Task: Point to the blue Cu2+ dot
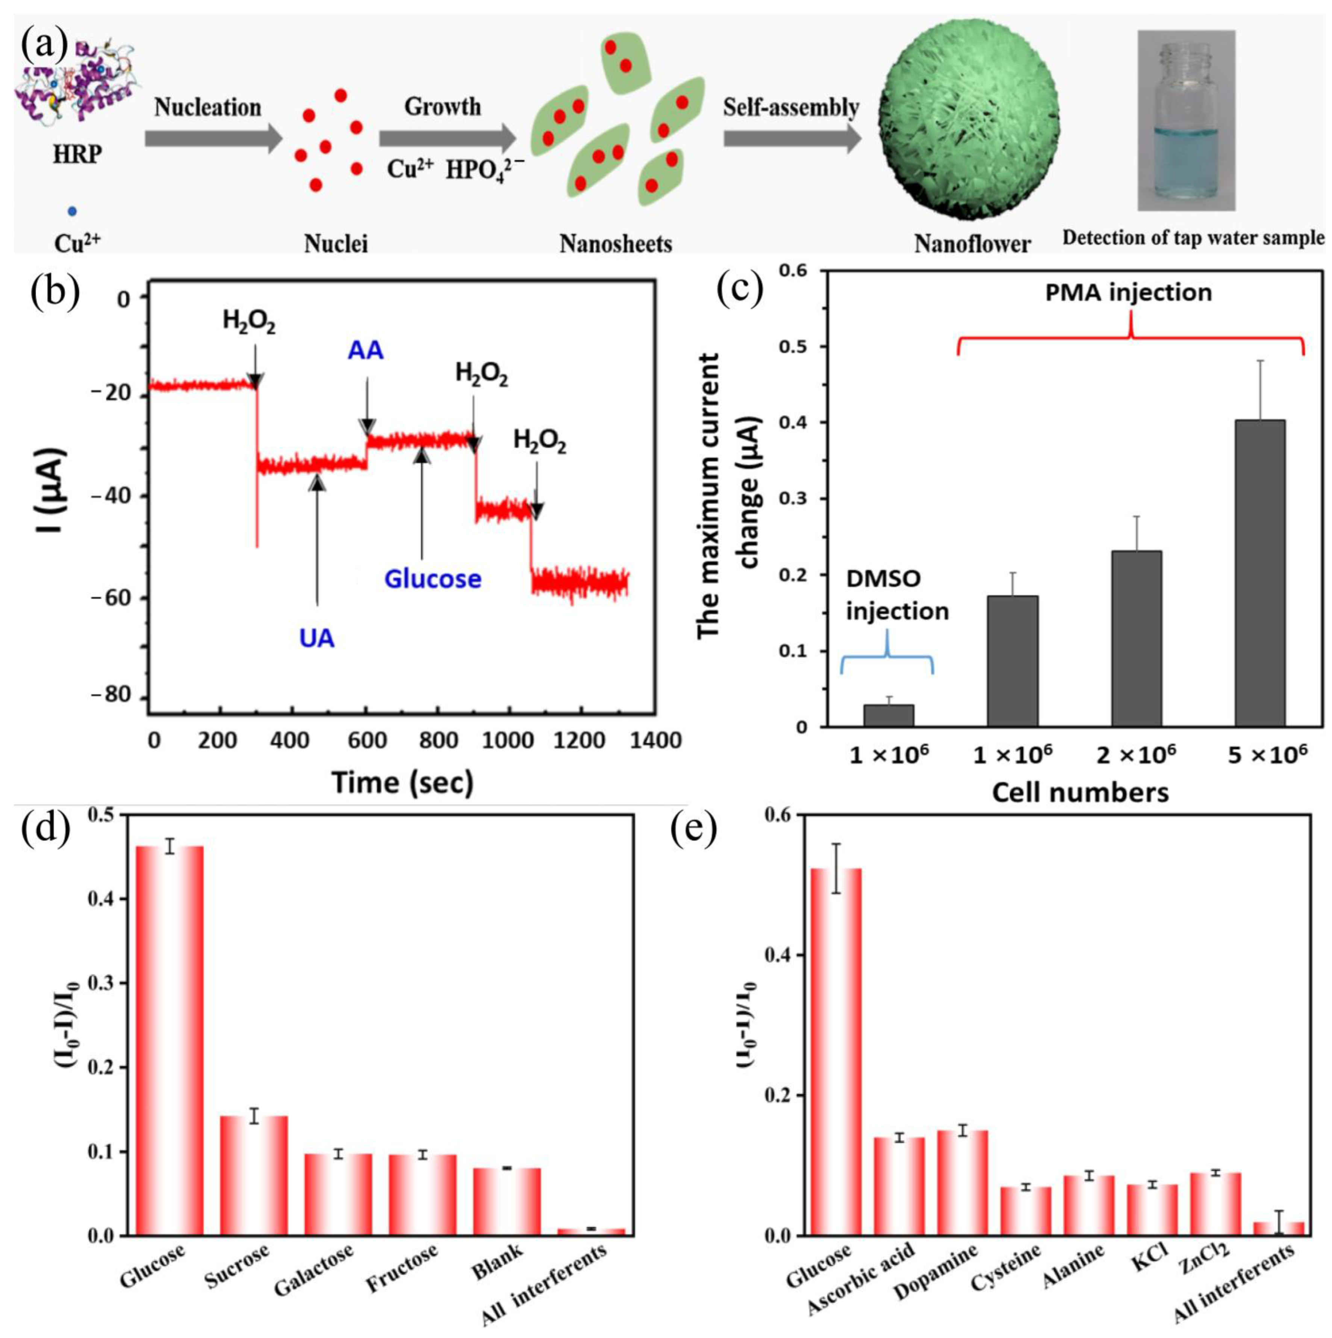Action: [x=72, y=211]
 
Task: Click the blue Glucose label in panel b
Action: [x=433, y=578]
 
